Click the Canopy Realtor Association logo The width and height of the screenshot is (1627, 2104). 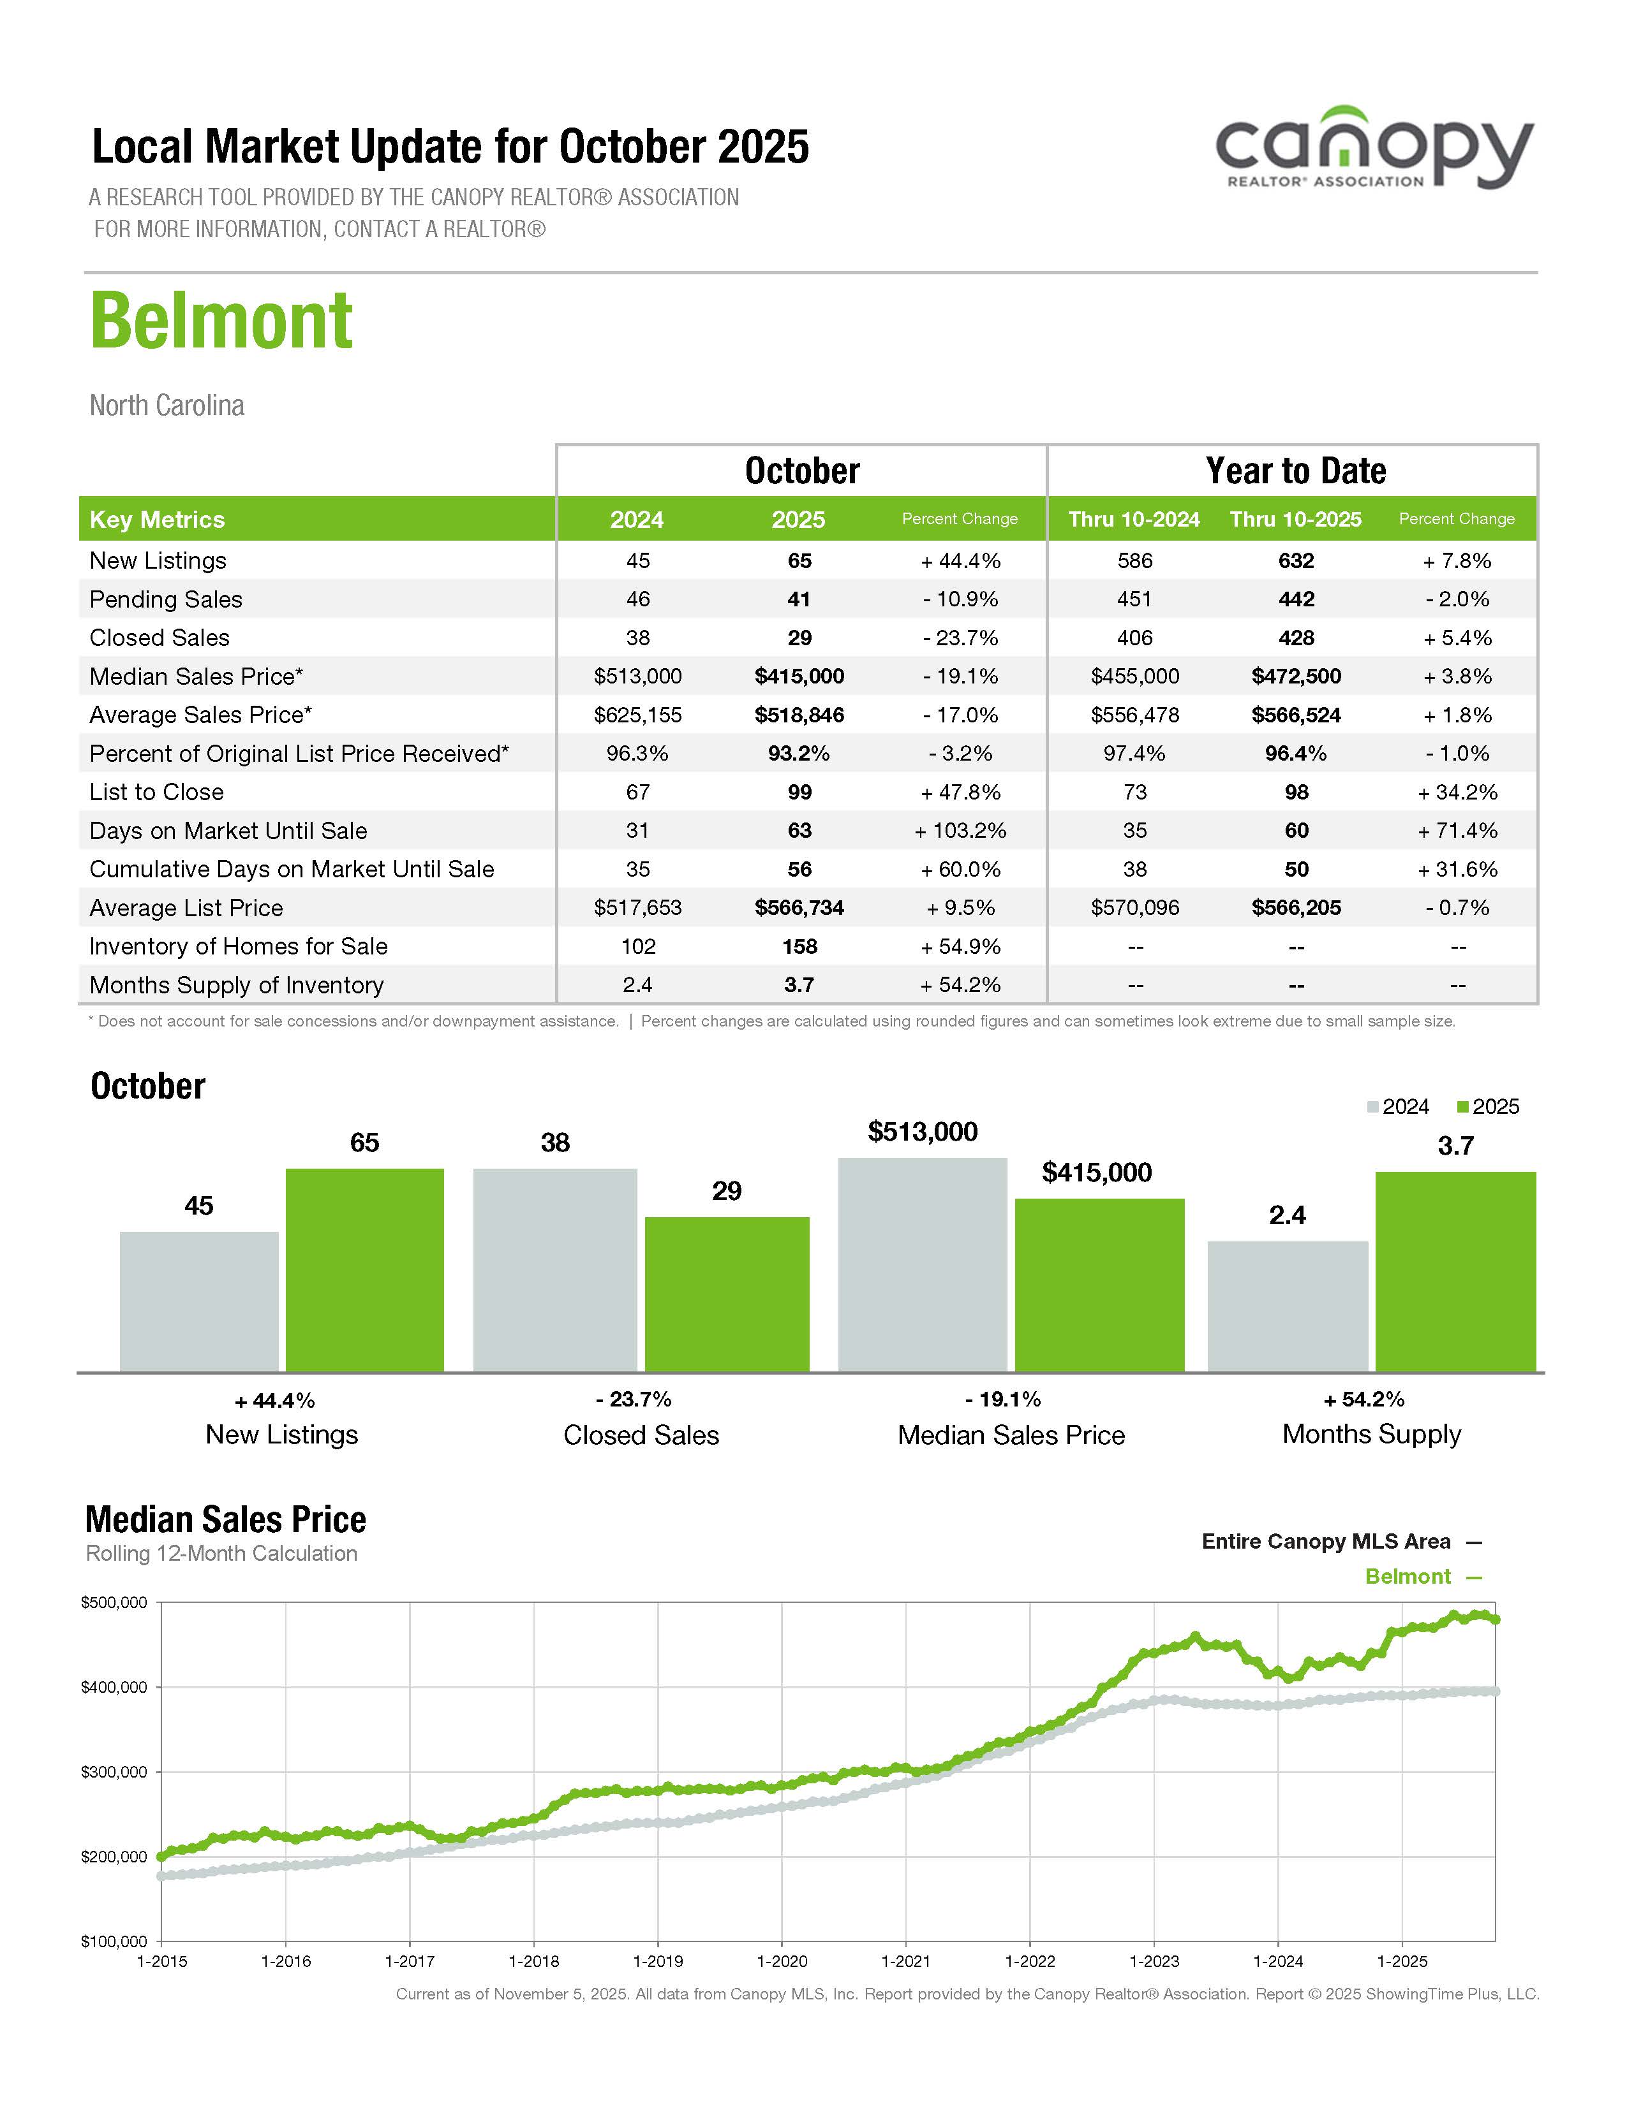click(1374, 149)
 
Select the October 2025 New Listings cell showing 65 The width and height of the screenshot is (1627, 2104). click(799, 560)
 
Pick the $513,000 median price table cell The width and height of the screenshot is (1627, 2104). click(637, 676)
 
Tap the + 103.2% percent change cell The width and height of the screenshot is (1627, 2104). click(960, 830)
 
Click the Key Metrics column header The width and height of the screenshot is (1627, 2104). click(157, 519)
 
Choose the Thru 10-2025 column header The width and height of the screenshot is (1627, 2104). click(1295, 519)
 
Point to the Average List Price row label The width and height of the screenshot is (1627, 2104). click(186, 907)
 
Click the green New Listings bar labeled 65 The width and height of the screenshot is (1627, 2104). click(364, 1269)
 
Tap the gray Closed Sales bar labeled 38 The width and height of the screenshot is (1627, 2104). click(555, 1269)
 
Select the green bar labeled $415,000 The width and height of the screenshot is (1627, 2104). click(1099, 1283)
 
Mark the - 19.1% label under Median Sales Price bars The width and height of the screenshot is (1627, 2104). click(1002, 1399)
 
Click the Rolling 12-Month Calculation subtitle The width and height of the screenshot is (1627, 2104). click(221, 1553)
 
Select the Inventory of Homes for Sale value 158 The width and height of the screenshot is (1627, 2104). click(799, 946)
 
